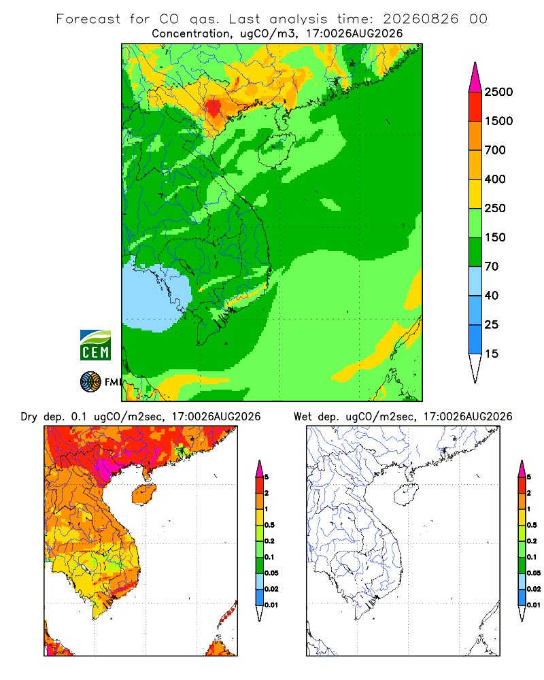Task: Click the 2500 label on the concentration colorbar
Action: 498,92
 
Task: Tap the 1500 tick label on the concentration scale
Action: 498,121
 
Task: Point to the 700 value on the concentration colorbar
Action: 495,150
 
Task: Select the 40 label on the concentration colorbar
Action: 492,295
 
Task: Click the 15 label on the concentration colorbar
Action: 492,354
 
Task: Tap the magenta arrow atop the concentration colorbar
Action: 475,78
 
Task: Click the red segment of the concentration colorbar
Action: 475,107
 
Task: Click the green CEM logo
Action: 95,345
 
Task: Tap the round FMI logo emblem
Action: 90,381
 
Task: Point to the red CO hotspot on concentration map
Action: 214,109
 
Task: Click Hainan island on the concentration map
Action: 276,150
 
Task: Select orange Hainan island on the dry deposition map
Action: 143,494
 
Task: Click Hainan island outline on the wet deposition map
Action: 407,495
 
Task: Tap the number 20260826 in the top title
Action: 420,19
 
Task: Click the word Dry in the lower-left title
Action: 29,418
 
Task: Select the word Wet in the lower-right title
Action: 303,417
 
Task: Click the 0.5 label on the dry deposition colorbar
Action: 269,525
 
